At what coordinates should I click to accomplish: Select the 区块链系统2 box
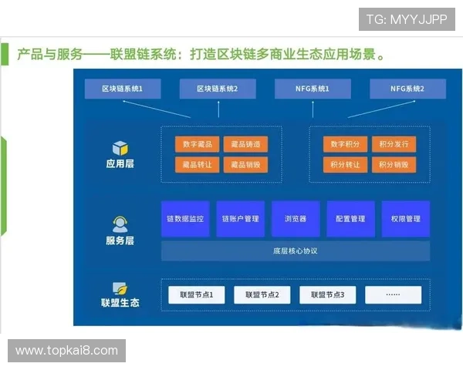click(217, 89)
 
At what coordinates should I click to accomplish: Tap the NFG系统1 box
click(313, 89)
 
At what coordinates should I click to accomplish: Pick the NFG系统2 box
click(407, 89)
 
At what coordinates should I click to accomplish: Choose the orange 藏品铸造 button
click(245, 144)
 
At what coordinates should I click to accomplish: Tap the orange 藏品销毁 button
click(245, 164)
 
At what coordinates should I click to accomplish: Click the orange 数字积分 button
click(345, 144)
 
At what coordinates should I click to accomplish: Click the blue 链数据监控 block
click(185, 219)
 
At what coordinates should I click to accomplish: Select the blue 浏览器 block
click(295, 219)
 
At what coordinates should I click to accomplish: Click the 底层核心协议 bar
click(295, 251)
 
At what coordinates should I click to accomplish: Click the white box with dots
click(394, 294)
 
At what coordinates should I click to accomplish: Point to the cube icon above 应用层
click(120, 147)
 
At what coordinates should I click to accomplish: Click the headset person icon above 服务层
click(120, 224)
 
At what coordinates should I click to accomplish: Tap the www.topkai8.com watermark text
click(67, 351)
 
